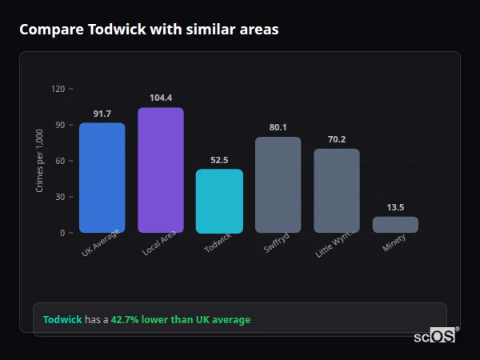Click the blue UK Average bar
pos(102,178)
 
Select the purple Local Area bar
pos(160,170)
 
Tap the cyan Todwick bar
pos(219,201)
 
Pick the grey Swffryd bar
pos(278,185)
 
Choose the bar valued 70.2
pos(337,190)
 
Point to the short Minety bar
pos(395,225)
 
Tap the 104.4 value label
pos(161,98)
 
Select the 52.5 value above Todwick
pos(219,160)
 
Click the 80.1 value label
pos(278,127)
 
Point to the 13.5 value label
pos(395,207)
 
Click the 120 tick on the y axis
pos(58,89)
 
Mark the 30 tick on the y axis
pos(60,197)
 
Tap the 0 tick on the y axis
pos(62,233)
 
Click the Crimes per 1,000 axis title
pos(40,161)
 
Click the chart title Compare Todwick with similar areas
pos(149,30)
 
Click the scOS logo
pos(435,336)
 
